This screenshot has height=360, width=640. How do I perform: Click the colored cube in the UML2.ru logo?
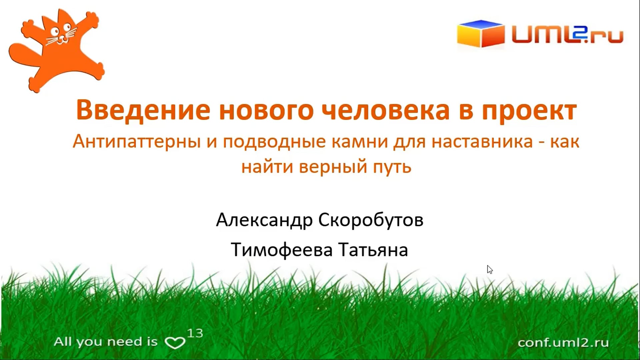tap(481, 33)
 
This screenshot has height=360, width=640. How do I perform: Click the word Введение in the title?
tap(143, 110)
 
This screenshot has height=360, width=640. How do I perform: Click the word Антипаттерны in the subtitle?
tap(137, 141)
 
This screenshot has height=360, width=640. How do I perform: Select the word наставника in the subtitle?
tap(482, 141)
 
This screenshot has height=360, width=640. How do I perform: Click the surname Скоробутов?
tap(371, 220)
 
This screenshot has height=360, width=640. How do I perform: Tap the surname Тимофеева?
tap(282, 250)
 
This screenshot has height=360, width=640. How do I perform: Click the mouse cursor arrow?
tap(490, 269)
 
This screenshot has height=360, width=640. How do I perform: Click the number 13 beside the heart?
tap(195, 333)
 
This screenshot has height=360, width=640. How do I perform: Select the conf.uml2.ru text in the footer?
tap(563, 343)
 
